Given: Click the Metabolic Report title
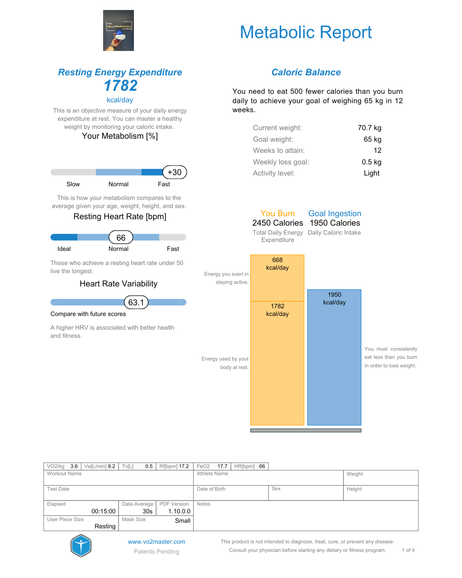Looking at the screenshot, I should (305, 33).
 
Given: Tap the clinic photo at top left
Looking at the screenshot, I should (118, 30).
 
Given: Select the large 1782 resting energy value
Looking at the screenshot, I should (121, 86).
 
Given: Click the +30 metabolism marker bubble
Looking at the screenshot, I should (175, 172).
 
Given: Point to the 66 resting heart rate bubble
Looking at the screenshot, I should (121, 238).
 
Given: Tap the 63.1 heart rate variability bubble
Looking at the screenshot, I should (136, 302).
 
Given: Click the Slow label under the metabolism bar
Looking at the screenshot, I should (73, 184).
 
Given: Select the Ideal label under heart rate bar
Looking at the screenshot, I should (64, 249).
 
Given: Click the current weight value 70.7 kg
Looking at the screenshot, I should (369, 128).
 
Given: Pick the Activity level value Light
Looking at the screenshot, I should (371, 173).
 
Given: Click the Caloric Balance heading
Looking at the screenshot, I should (306, 72).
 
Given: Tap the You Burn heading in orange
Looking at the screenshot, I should (278, 213).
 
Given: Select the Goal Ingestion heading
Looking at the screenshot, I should (335, 213).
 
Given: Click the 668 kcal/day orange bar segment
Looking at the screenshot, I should (277, 278).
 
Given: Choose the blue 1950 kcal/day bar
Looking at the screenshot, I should (334, 357).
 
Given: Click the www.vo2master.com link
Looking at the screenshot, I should (157, 542).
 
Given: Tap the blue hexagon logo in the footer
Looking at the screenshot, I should (81, 545).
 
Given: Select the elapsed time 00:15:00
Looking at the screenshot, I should (104, 511).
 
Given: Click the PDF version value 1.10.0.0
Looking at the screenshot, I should (179, 511).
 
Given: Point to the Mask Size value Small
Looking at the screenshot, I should (183, 521).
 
